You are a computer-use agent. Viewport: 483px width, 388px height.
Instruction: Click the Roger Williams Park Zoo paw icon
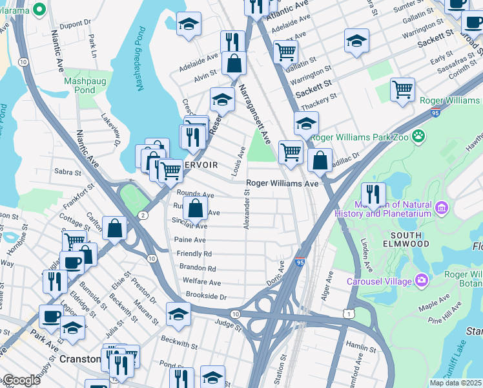click(420, 136)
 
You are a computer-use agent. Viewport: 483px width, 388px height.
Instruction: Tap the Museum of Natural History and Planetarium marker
click(442, 208)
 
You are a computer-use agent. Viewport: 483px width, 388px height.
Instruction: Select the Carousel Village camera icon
click(422, 281)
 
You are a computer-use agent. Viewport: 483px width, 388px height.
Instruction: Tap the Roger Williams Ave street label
click(282, 184)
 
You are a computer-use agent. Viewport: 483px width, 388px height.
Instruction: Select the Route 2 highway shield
click(142, 215)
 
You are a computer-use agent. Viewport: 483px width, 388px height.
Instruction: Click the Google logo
click(21, 380)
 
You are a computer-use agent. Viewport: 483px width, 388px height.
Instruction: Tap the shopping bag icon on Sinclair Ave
click(195, 209)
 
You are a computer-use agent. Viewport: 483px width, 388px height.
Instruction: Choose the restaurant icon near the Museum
click(373, 194)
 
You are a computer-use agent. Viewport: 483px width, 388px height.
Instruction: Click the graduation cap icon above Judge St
click(178, 314)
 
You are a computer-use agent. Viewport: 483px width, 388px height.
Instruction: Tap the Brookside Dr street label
click(207, 297)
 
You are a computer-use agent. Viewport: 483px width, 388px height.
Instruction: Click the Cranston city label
click(77, 358)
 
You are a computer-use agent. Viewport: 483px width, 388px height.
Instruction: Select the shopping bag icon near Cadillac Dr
click(320, 160)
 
